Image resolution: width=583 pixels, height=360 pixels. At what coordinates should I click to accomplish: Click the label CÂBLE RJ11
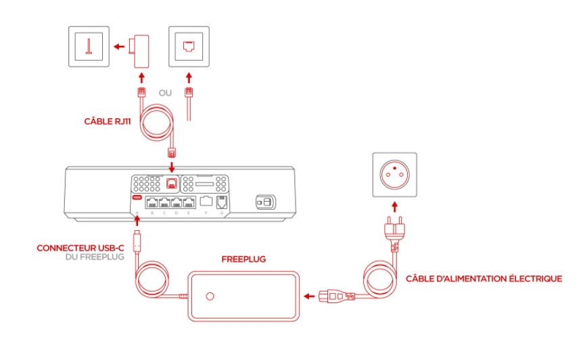(x=108, y=122)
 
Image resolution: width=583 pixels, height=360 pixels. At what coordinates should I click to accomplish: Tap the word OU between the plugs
(x=165, y=93)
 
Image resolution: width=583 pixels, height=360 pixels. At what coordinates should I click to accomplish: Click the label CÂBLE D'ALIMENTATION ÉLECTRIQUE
(x=484, y=278)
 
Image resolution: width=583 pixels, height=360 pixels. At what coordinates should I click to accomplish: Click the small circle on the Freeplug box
(x=210, y=296)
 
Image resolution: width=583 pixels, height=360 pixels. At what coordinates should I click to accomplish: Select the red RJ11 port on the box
(x=172, y=183)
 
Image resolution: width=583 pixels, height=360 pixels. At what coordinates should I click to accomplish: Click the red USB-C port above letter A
(x=137, y=198)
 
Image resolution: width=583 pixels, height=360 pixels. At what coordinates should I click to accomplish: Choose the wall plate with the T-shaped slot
(x=88, y=46)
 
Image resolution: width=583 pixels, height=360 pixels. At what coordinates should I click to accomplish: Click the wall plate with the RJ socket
(x=188, y=46)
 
